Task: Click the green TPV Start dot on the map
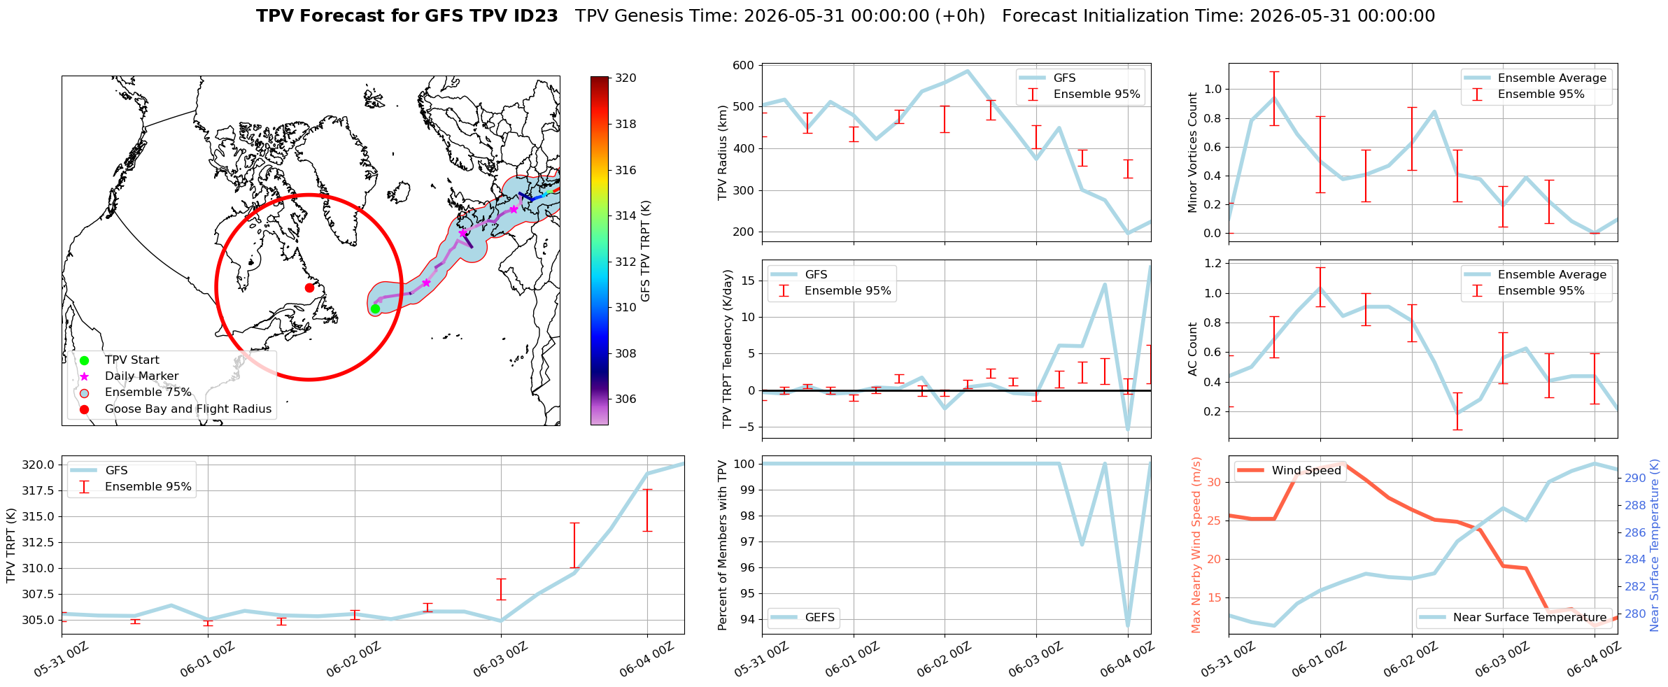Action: click(375, 309)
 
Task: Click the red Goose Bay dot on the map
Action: click(309, 288)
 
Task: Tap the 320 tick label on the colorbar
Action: click(625, 78)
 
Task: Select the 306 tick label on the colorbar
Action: click(625, 399)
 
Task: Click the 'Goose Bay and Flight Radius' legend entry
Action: click(188, 409)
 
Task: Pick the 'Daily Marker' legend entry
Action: click(141, 376)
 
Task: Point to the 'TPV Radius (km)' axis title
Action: click(723, 153)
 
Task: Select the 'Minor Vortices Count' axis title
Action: click(1193, 153)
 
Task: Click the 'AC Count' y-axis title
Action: click(1193, 349)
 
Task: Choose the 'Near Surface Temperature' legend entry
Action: click(1529, 617)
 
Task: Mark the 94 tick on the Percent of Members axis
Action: click(747, 619)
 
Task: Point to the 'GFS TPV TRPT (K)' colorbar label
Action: click(645, 250)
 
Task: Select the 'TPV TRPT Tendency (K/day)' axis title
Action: click(728, 349)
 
